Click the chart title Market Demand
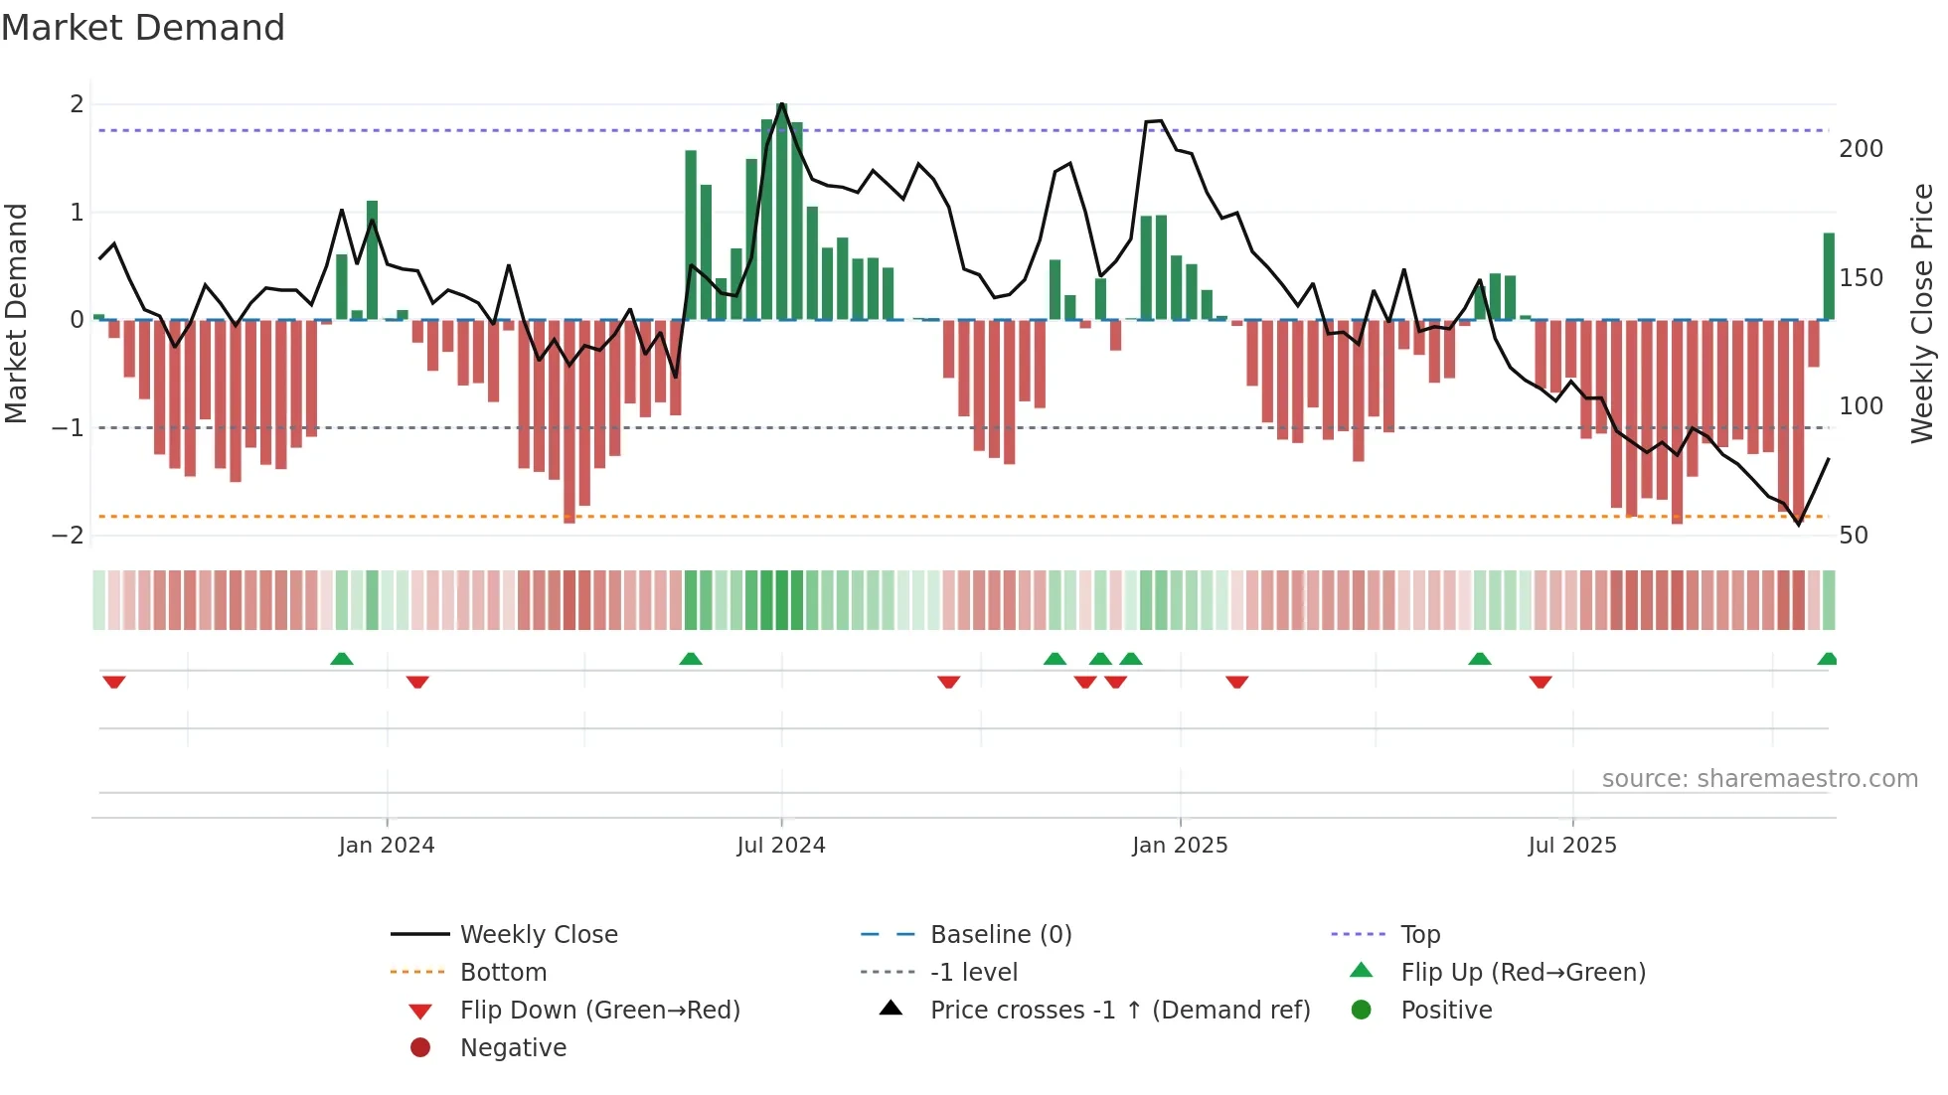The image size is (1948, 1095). pos(143,28)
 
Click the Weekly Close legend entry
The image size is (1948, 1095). pos(538,934)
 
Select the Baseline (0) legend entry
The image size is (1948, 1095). pos(1000,934)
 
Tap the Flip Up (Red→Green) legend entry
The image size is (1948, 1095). pos(1522,972)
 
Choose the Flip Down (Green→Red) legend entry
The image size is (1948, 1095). pos(599,1010)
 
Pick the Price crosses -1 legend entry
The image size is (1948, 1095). pos(1119,1010)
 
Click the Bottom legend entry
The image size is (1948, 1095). pos(503,972)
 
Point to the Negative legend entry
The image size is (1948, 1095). pos(513,1047)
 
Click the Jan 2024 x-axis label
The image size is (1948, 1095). pos(387,845)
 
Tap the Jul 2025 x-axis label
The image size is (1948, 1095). pos(1572,845)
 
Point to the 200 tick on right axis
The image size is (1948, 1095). pos(1861,149)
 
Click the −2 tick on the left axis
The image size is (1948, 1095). pos(69,535)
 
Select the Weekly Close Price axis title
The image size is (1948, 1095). pos(1922,313)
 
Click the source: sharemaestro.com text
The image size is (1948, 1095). pos(1759,779)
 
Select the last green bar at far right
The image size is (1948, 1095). pos(1829,276)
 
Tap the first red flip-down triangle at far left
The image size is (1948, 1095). pos(114,682)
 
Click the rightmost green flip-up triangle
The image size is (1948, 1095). pos(1827,659)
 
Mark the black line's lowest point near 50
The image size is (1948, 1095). pos(1798,524)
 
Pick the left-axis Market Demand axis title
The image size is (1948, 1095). pos(16,313)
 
